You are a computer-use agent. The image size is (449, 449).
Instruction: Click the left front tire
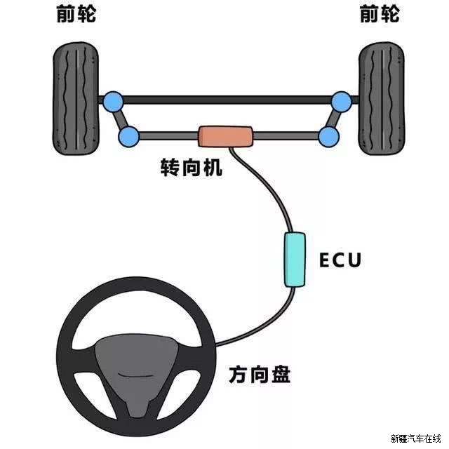click(76, 98)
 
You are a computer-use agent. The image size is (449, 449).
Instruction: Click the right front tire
click(382, 98)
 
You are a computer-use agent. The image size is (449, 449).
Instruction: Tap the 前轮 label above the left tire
click(76, 14)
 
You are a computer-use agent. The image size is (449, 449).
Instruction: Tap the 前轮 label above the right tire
click(380, 14)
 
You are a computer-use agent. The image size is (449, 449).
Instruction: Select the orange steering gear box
click(226, 137)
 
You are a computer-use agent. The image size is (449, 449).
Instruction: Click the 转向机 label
click(192, 168)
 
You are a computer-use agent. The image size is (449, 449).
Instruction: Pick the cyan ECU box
click(295, 260)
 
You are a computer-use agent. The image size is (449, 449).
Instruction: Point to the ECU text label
click(340, 260)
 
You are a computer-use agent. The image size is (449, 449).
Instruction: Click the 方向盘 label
click(260, 374)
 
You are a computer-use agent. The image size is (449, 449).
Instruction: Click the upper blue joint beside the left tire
click(113, 102)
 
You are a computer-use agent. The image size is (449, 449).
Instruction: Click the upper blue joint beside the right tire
click(342, 102)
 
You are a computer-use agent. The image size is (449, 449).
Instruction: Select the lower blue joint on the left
click(129, 136)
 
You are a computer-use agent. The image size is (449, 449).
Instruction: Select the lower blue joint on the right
click(329, 136)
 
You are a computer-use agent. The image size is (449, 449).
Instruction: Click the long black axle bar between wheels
click(227, 100)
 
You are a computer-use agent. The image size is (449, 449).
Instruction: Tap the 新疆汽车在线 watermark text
click(415, 438)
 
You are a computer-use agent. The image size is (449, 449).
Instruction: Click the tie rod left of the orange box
click(169, 135)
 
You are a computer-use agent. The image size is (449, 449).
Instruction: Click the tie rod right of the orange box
click(286, 135)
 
